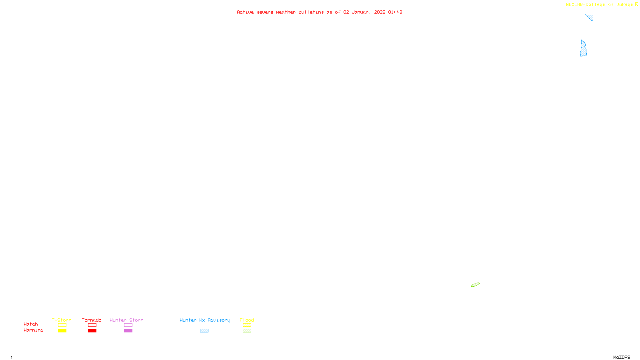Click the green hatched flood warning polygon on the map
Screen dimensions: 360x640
tap(475, 285)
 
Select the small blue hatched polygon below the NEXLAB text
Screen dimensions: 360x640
tap(590, 17)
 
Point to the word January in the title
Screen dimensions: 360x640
tap(361, 12)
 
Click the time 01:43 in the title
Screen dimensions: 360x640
tap(395, 12)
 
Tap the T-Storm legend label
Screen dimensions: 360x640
tap(62, 320)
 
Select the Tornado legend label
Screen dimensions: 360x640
tap(92, 320)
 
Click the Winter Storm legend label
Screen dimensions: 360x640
tap(126, 320)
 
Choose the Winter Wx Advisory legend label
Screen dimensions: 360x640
tap(205, 320)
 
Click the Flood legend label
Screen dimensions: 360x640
tap(247, 320)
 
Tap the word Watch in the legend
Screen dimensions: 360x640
tap(31, 324)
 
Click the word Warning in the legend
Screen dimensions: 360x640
tap(33, 330)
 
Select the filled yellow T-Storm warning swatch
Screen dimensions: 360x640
tap(62, 331)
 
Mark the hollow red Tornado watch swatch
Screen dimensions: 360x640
tap(92, 325)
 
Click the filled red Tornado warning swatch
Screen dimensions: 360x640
tap(92, 331)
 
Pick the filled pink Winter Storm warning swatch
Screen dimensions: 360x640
tap(128, 331)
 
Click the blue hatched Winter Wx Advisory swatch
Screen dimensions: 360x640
tap(204, 331)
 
